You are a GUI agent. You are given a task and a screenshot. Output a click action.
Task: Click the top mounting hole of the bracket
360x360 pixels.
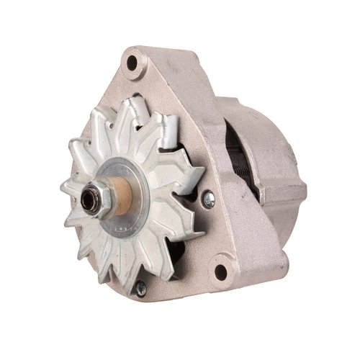(132, 62)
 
